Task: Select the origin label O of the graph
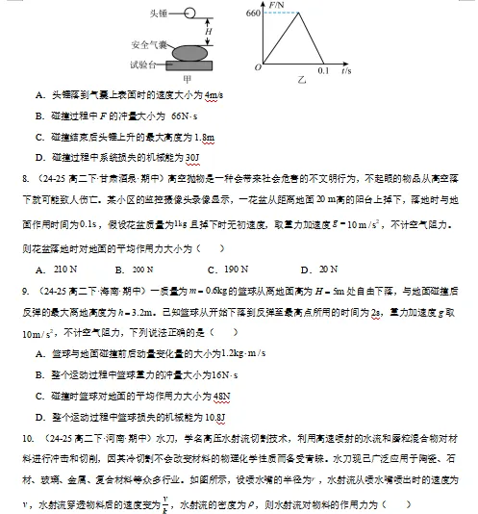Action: (x=257, y=67)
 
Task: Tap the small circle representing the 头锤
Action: (x=189, y=13)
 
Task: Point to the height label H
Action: (x=209, y=30)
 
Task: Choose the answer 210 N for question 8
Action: (x=66, y=270)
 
